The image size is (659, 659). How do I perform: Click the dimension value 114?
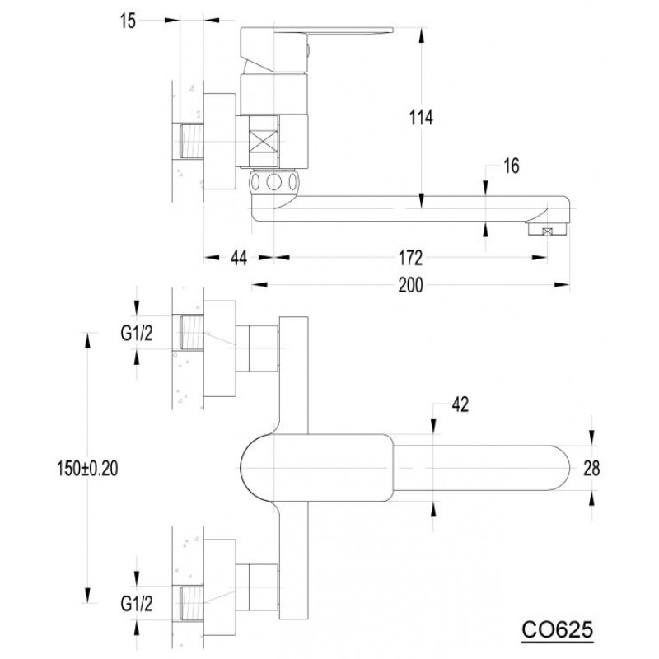(421, 117)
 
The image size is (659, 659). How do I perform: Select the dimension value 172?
(410, 258)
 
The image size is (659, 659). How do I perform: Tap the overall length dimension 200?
(410, 285)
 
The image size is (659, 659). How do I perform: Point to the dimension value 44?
(239, 258)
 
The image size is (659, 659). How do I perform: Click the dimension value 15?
(129, 21)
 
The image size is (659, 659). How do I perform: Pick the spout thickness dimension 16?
(511, 166)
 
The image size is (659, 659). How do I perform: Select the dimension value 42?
(460, 404)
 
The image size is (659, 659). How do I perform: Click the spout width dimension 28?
(591, 468)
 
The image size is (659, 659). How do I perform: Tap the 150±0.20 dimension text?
(88, 468)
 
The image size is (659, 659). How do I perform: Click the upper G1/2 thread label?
(137, 334)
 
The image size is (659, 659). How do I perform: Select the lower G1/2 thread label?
(137, 604)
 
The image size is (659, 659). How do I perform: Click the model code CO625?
(558, 630)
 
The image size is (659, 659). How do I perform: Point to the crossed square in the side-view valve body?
(264, 141)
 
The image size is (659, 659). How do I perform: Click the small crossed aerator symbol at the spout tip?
(547, 231)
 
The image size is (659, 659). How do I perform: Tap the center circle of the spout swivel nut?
(274, 182)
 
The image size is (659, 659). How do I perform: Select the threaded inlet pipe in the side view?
(192, 141)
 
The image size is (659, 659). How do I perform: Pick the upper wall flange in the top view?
(219, 348)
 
